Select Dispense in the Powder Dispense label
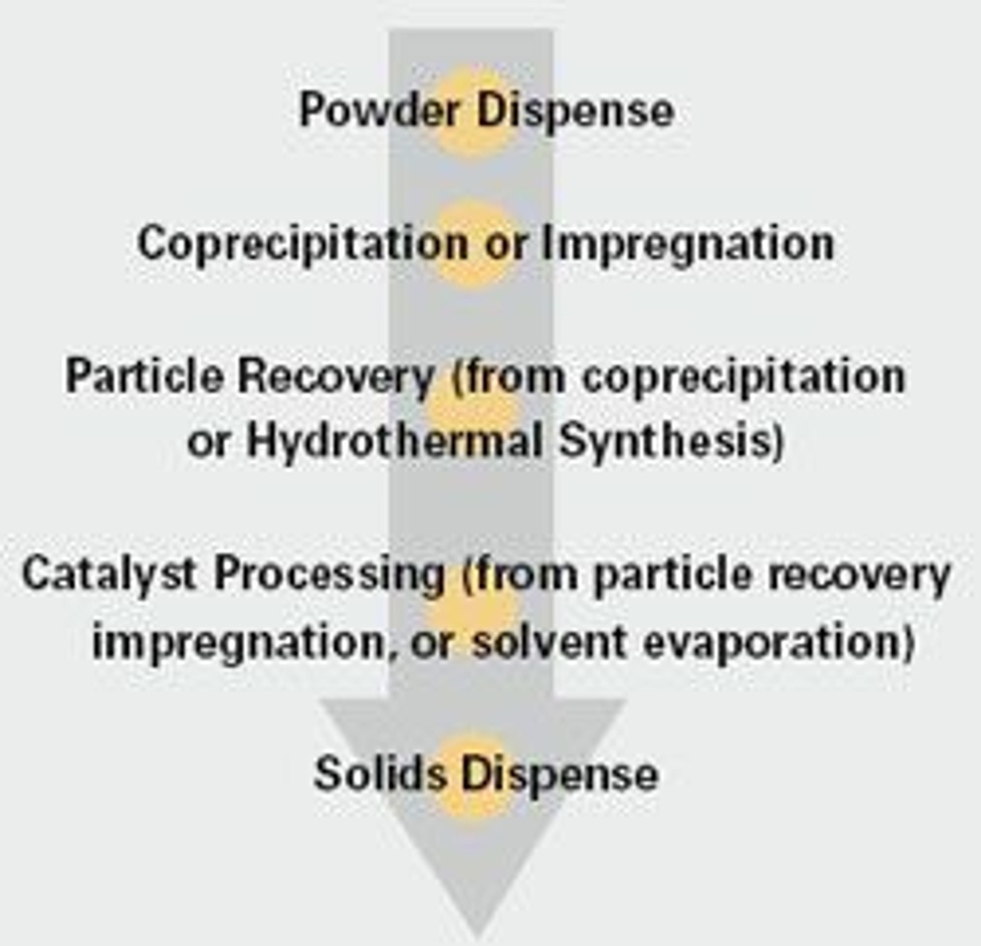575,111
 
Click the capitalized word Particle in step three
144,376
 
